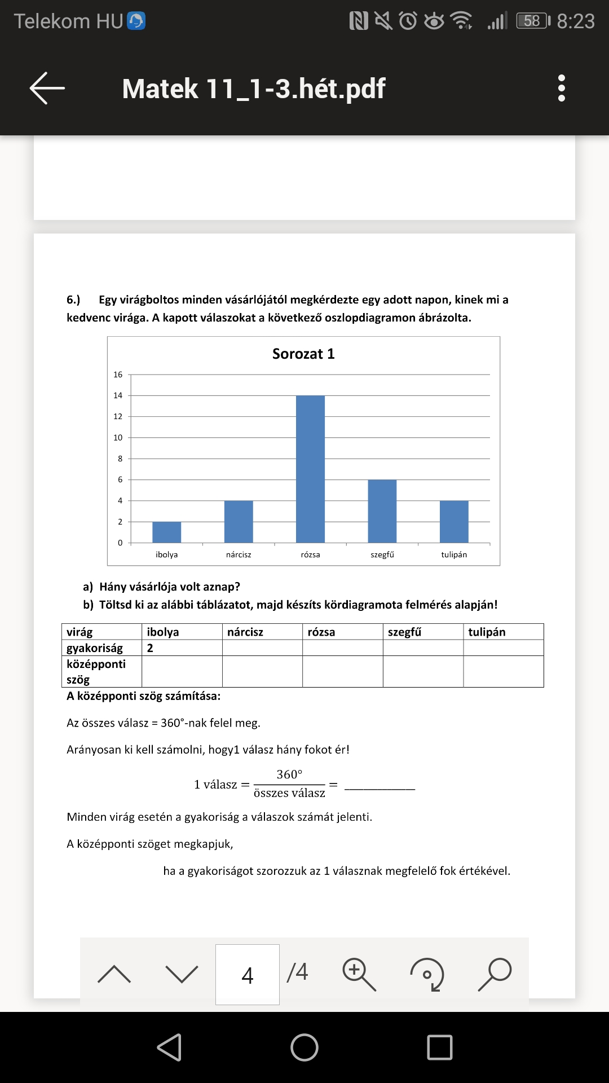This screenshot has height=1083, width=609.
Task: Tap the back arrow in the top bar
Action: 47,88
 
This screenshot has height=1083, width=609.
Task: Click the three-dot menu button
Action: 561,88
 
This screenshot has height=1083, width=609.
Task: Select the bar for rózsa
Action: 310,469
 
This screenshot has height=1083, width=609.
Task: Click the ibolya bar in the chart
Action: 166,532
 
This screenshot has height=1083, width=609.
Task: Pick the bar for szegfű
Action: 382,511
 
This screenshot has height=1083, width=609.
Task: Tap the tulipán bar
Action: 454,522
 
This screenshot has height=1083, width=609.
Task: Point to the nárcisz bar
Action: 239,522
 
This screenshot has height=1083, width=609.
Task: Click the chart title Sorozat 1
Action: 303,354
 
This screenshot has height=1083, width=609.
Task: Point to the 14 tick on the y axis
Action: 118,395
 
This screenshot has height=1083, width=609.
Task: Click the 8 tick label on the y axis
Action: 120,459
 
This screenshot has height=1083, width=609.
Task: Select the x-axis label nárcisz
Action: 239,554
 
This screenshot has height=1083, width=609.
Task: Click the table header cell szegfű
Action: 404,632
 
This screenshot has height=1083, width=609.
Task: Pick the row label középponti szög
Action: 96,671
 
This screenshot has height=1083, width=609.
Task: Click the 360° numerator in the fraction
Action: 289,774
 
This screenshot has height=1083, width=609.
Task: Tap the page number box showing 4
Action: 247,975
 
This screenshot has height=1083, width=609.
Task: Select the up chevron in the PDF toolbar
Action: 114,974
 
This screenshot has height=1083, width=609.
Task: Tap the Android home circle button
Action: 304,1047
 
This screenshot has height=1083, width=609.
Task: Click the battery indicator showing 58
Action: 532,21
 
